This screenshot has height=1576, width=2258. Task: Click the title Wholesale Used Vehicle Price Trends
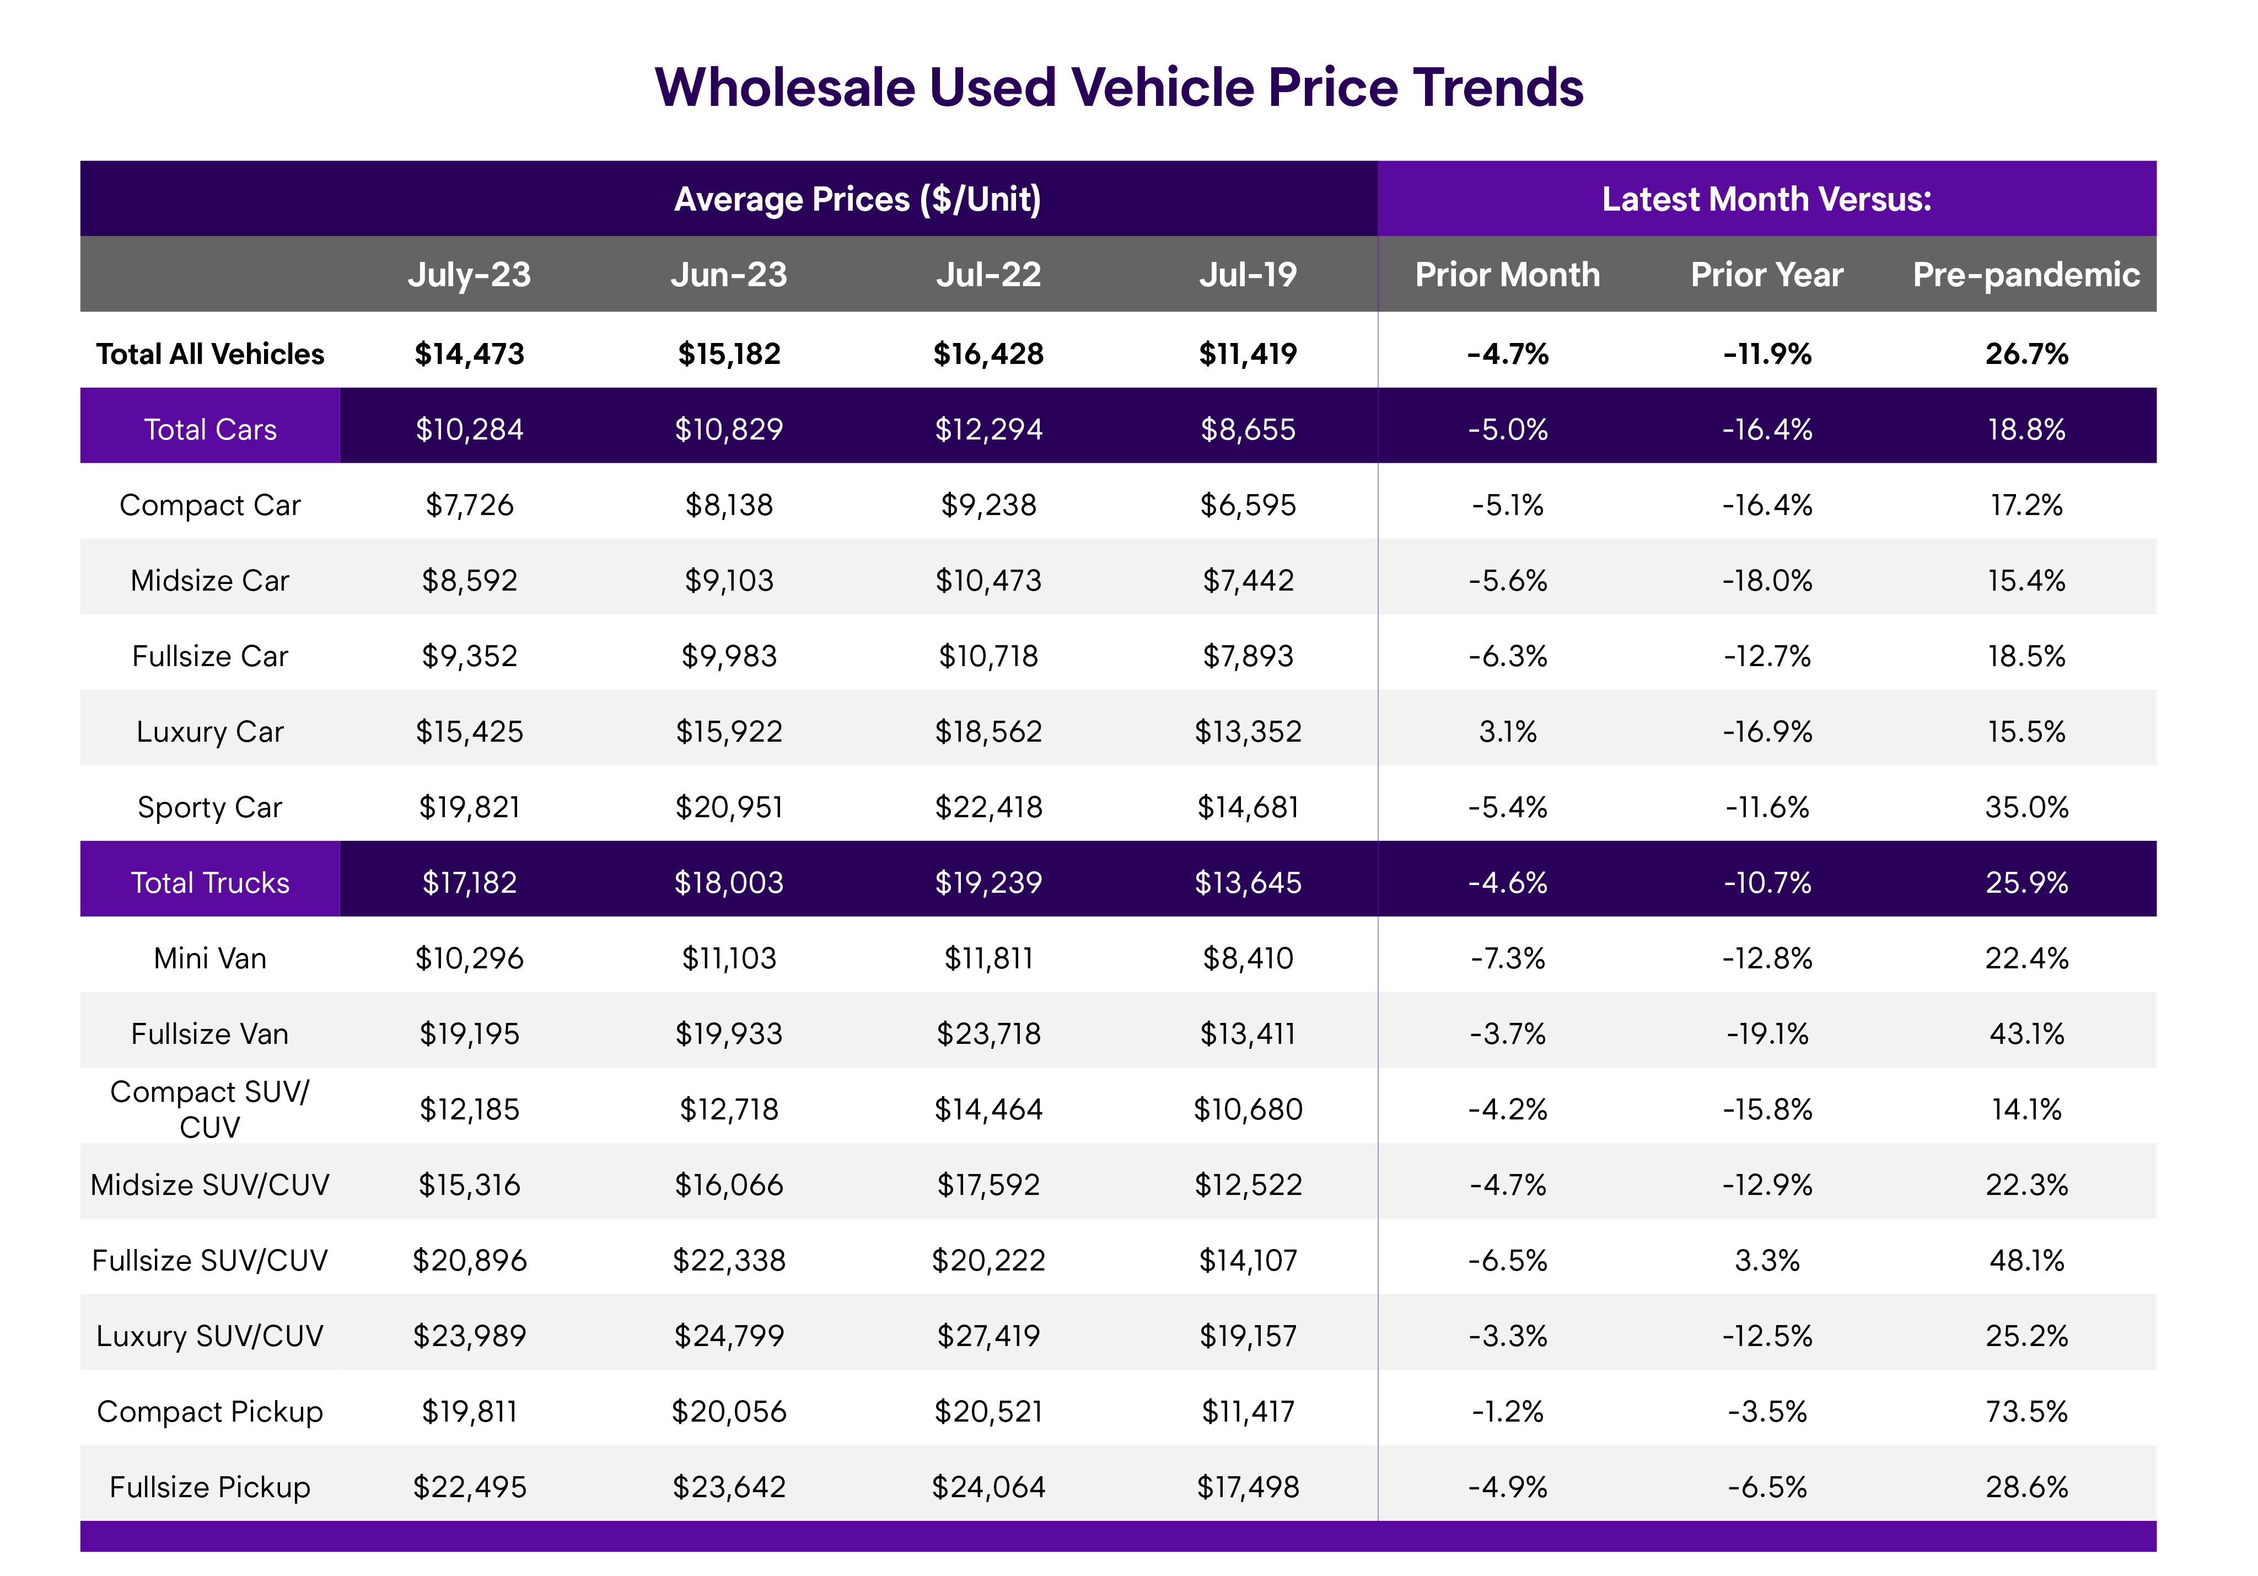pyautogui.click(x=1118, y=88)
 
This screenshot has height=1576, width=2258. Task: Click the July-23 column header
pyautogui.click(x=469, y=275)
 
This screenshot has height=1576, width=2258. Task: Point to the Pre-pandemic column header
pyautogui.click(x=2026, y=275)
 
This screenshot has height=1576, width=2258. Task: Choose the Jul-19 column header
pyautogui.click(x=1247, y=275)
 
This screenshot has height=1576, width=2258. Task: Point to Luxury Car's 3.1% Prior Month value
pyautogui.click(x=1507, y=732)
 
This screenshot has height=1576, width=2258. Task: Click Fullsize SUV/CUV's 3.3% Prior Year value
pyautogui.click(x=1766, y=1260)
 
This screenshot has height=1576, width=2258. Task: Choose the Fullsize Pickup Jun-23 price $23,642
pyautogui.click(x=729, y=1487)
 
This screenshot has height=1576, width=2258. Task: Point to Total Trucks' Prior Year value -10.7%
pyautogui.click(x=1766, y=882)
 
